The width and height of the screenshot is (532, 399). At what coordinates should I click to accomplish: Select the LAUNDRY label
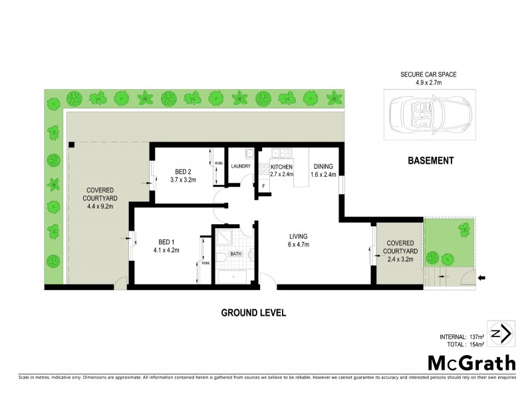239,166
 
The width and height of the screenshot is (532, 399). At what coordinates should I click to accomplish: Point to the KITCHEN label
281,166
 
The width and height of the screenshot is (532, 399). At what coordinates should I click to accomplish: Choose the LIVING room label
298,236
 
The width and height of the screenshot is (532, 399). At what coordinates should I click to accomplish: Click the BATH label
236,253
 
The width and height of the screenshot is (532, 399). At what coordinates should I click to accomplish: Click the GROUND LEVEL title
254,313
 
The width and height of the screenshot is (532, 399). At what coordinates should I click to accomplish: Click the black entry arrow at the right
481,277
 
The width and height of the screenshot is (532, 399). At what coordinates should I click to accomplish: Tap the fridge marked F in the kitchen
264,186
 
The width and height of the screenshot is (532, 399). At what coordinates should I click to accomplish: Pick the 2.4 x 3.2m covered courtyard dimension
400,259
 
